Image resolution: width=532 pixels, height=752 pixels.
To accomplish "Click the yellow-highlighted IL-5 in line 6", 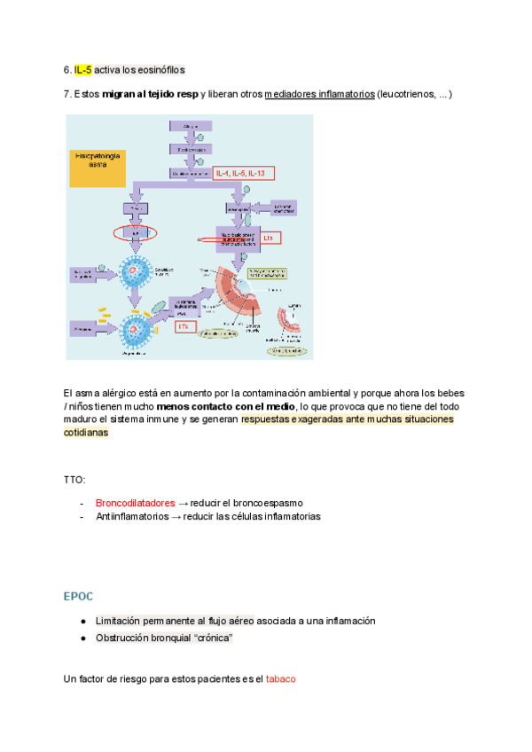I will (82, 70).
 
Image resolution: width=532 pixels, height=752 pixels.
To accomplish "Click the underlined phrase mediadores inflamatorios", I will (319, 94).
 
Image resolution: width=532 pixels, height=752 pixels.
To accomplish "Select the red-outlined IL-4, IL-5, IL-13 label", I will (246, 173).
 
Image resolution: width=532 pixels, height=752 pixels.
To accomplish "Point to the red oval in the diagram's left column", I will (136, 234).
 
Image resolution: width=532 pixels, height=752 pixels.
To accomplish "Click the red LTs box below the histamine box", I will (184, 326).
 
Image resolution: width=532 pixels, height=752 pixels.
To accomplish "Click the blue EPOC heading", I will (78, 596).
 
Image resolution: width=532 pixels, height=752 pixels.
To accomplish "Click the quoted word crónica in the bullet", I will (216, 638).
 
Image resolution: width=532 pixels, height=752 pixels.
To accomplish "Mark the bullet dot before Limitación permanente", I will (82, 622).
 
